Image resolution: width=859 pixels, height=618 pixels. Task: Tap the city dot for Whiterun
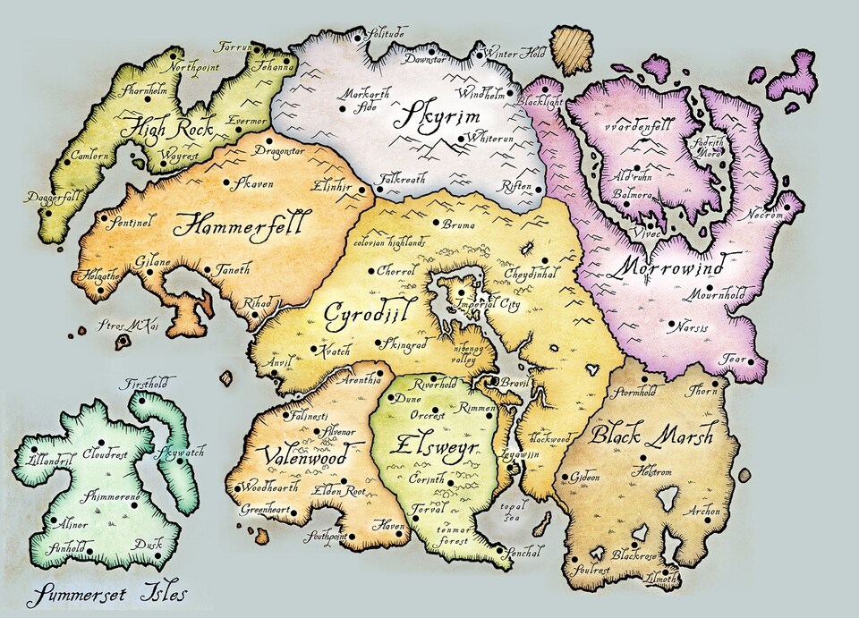[x=460, y=139]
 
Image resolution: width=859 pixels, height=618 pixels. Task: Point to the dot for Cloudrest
[x=100, y=442]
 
